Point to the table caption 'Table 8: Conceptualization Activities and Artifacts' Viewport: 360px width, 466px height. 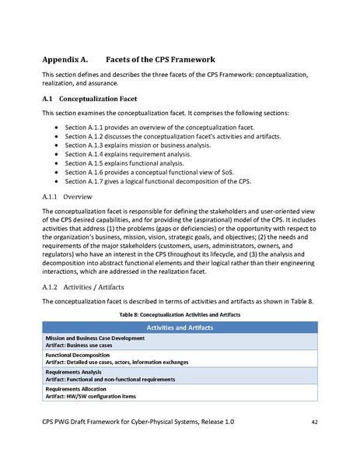point(180,314)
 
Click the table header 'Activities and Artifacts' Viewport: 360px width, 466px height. point(180,328)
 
